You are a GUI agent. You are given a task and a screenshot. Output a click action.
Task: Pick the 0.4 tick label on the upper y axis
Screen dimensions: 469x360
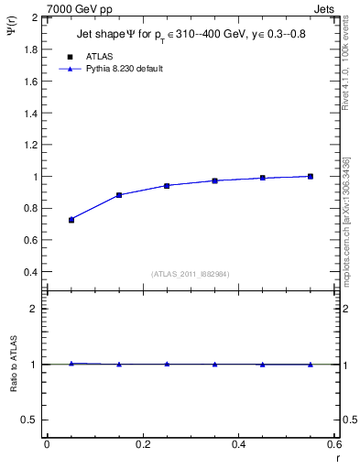pyautogui.click(x=30, y=272)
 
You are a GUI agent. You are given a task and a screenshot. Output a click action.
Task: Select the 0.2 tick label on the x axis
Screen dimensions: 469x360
pyautogui.click(x=142, y=444)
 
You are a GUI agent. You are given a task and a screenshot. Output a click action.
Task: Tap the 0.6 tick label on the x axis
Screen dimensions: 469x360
pyautogui.click(x=334, y=444)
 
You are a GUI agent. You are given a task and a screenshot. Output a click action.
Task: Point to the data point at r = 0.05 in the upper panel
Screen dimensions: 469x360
pyautogui.click(x=71, y=220)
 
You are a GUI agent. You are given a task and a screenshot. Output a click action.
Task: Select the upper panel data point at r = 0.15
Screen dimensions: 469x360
pyautogui.click(x=119, y=195)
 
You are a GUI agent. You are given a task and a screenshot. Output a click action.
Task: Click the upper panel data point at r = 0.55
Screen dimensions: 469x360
pyautogui.click(x=311, y=176)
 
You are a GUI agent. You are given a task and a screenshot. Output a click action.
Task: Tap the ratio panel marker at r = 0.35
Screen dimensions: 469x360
pyautogui.click(x=214, y=365)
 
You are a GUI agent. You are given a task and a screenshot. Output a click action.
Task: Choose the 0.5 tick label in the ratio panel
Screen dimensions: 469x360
pyautogui.click(x=30, y=420)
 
